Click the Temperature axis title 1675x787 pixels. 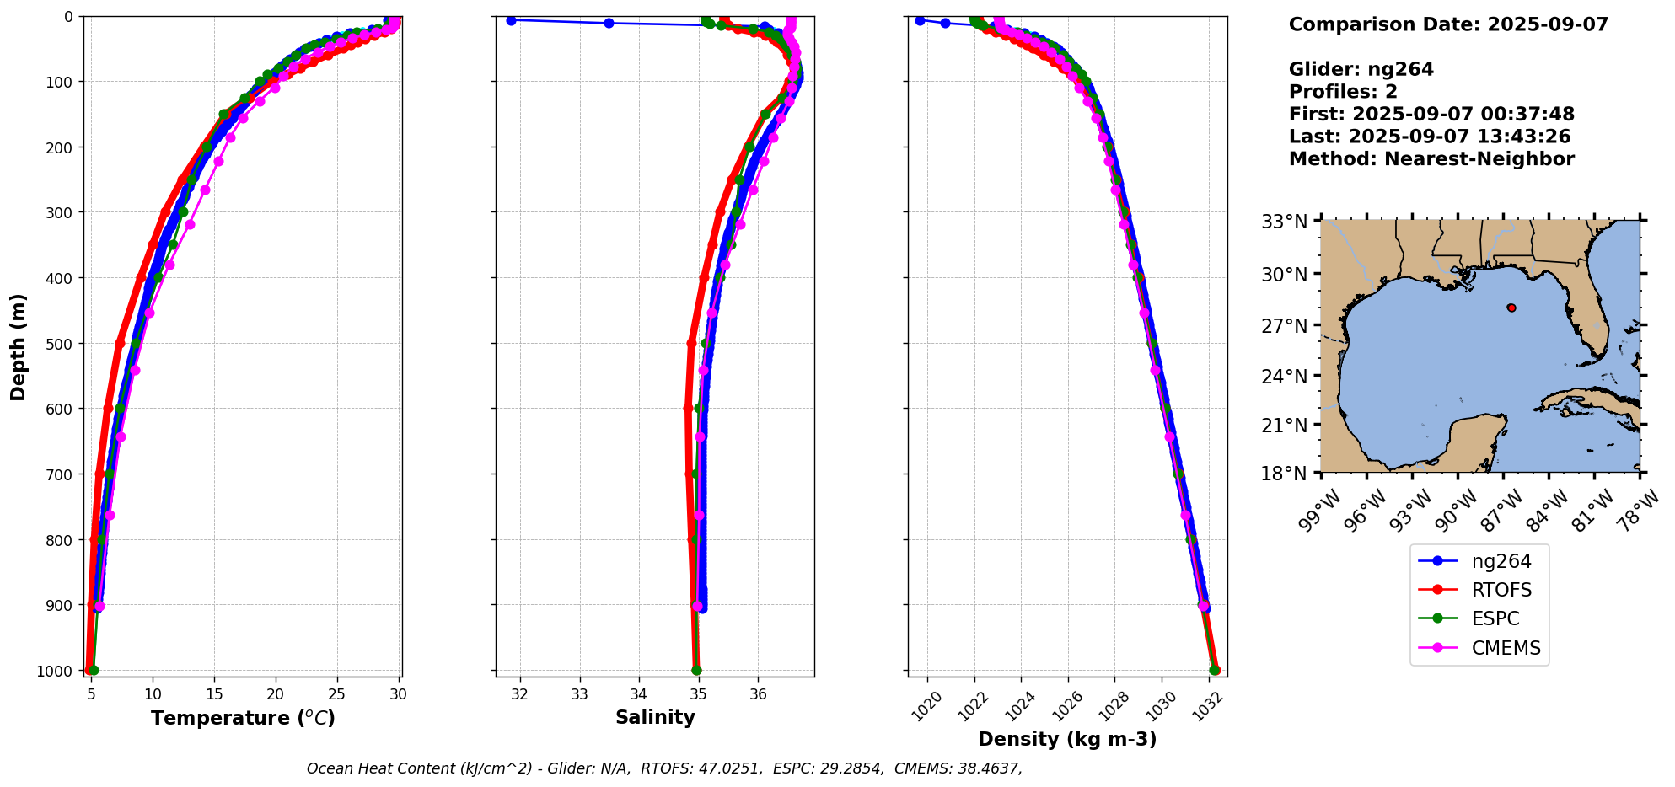coord(243,718)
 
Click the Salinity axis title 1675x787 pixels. coord(655,718)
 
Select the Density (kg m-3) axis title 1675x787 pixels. coord(1067,739)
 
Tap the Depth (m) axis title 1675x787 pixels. coord(18,346)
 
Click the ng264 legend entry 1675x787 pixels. coord(1501,561)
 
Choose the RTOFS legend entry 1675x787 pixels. coord(1501,590)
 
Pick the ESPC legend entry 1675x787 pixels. coord(1495,618)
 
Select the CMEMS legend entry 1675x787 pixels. coord(1506,648)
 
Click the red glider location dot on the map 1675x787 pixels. coord(1511,308)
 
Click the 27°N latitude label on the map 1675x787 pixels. coord(1284,325)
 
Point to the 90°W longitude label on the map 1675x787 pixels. coord(1459,511)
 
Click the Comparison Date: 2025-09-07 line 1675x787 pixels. coord(1448,24)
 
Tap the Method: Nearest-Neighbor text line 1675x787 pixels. coord(1431,158)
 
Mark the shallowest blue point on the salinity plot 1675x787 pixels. coord(511,20)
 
